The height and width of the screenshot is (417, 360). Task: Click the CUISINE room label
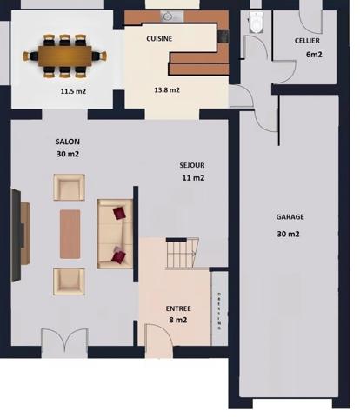(159, 39)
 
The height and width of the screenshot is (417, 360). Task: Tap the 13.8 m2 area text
(167, 90)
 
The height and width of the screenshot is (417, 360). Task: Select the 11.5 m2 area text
(72, 90)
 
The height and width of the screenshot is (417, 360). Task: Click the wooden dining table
(69, 55)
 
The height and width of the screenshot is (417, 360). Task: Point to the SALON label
(67, 141)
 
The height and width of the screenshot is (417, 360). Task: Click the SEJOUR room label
(192, 164)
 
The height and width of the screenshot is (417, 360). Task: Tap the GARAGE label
(290, 217)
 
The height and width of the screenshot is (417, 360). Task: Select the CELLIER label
(306, 41)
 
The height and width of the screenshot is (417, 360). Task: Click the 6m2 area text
(313, 55)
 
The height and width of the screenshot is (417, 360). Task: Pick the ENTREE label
(178, 308)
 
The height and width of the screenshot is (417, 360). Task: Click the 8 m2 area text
(178, 320)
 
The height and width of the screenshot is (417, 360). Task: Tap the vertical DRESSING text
(219, 309)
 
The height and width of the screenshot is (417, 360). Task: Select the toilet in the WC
(256, 23)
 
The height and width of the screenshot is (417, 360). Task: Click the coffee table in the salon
(70, 234)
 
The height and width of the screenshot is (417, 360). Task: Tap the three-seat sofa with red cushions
(115, 233)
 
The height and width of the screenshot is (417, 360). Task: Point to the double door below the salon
(64, 341)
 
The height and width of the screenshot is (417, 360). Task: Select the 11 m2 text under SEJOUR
(192, 178)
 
